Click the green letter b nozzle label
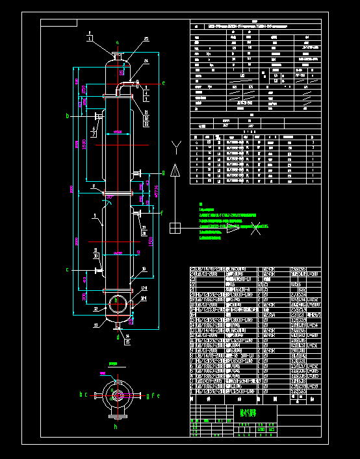68,116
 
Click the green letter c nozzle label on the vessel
67,269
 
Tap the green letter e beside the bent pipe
163,83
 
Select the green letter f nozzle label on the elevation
162,212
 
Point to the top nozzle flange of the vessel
118,56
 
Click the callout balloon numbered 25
146,39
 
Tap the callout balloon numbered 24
146,60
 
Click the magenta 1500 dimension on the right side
150,241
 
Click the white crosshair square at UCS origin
175,227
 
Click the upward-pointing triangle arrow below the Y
175,171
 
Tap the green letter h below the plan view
116,428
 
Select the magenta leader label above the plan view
113,364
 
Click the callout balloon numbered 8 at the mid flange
93,186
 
